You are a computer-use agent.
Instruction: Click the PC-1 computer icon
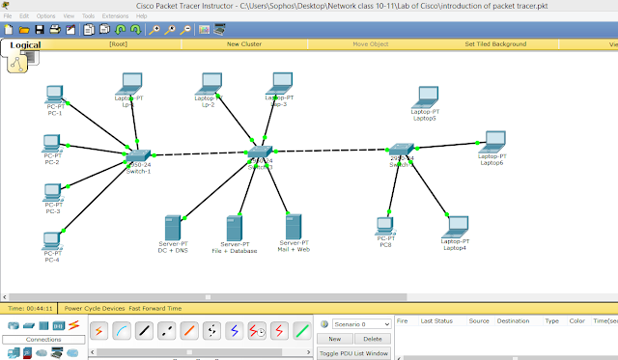pos(55,95)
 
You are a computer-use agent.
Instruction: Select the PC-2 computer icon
pos(52,143)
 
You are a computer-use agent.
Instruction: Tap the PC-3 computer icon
pos(52,192)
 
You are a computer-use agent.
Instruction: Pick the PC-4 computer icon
pos(52,240)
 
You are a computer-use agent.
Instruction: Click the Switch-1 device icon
pos(137,156)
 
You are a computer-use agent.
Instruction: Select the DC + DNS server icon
pos(173,228)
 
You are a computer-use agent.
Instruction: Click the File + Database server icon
pos(233,228)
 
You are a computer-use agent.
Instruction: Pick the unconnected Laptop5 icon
pos(426,97)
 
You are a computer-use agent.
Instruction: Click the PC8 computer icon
pos(384,227)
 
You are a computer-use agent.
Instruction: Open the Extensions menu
pos(115,16)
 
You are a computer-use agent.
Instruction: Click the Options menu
pos(45,16)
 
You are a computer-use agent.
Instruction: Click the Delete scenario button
pos(373,339)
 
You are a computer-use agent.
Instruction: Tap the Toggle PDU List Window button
pos(354,353)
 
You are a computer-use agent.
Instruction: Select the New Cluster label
pos(246,44)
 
